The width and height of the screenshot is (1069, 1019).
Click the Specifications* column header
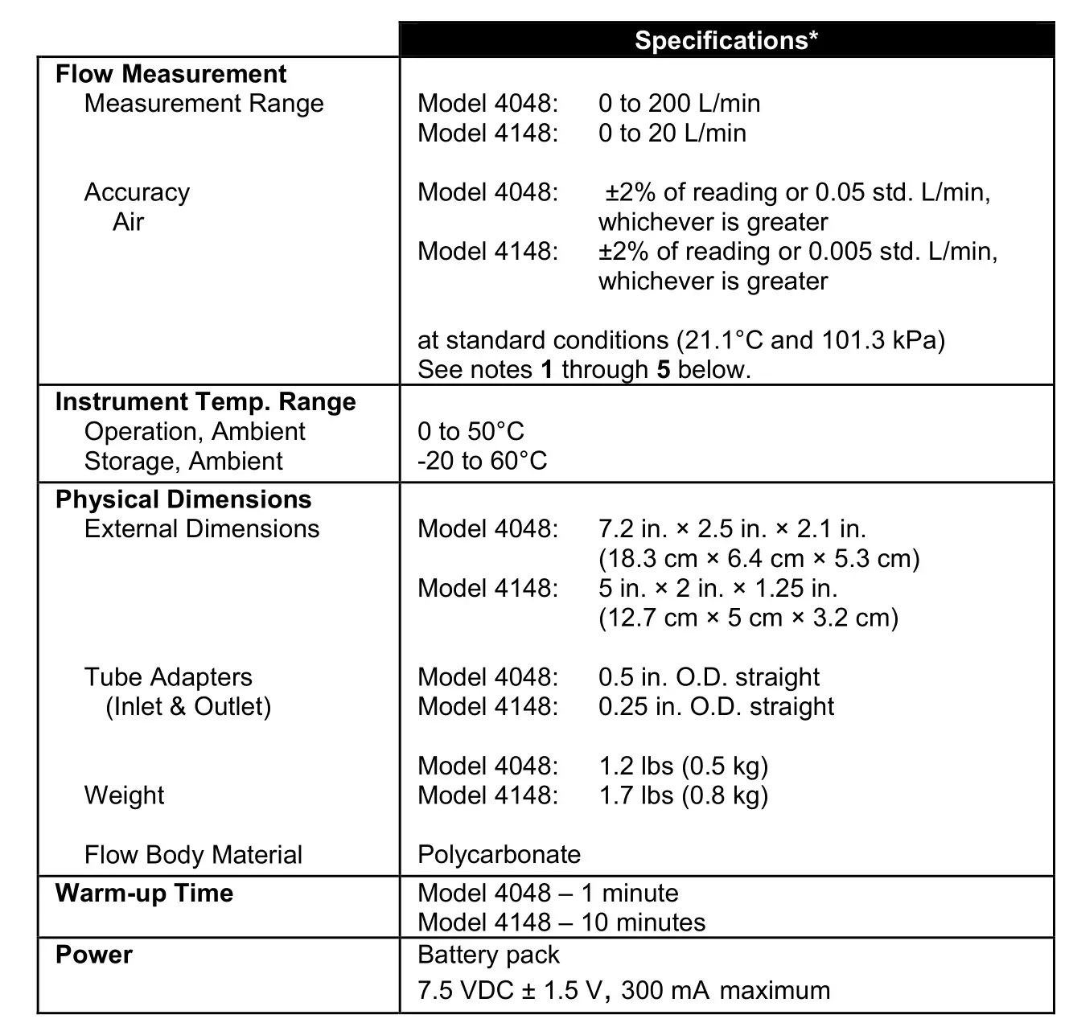[726, 40]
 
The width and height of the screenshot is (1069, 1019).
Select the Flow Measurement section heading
[171, 74]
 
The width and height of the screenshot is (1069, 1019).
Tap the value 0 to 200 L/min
[679, 103]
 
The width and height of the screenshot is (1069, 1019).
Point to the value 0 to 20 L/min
[672, 133]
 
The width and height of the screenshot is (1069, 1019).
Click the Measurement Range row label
[204, 104]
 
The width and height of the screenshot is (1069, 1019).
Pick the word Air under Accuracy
[128, 222]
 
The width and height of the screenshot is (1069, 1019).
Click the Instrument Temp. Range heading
[205, 402]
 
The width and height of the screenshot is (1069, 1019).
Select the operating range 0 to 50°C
[471, 432]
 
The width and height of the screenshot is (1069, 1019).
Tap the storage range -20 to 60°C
[482, 461]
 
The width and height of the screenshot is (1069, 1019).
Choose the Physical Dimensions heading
[183, 499]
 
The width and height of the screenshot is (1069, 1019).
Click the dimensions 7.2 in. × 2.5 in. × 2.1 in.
[732, 529]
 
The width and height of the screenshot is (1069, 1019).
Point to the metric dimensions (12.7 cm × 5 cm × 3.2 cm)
[748, 618]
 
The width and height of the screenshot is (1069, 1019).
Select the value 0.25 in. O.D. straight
[716, 706]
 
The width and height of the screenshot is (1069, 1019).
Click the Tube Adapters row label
[168, 677]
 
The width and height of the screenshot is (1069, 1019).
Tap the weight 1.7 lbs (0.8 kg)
[683, 795]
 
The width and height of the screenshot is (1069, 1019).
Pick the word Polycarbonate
[499, 854]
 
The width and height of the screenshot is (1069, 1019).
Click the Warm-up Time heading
[144, 894]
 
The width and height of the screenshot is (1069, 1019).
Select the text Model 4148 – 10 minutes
[561, 922]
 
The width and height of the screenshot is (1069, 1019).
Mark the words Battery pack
[488, 955]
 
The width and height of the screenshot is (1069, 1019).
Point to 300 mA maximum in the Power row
[726, 990]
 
